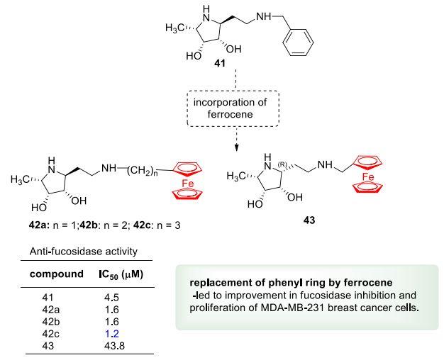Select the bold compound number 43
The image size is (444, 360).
click(x=309, y=220)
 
